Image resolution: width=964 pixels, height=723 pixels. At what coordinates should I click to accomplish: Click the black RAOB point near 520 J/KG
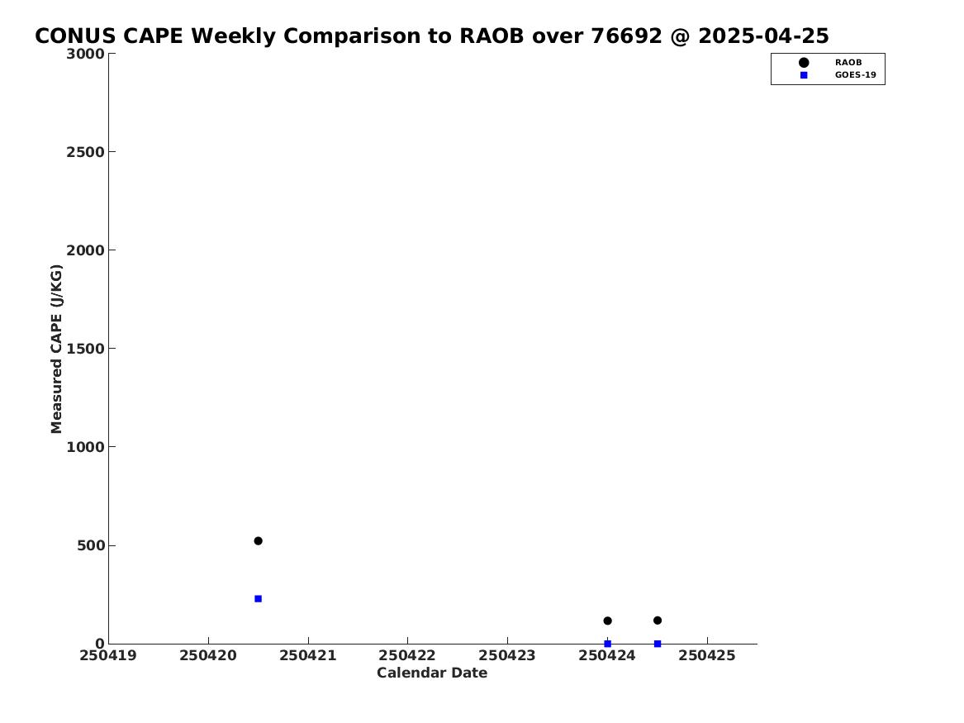click(x=259, y=541)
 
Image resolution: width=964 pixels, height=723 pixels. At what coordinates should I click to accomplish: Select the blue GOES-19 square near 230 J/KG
click(x=259, y=599)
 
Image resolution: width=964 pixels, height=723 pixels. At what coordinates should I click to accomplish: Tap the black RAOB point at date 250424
click(x=607, y=621)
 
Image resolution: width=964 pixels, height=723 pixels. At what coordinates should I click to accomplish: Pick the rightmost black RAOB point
click(x=658, y=621)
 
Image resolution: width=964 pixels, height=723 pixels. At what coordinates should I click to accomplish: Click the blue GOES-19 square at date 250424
click(x=607, y=644)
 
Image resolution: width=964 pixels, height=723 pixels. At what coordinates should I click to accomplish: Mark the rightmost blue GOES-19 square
click(x=658, y=644)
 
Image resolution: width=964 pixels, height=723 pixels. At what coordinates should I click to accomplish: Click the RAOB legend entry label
click(x=848, y=63)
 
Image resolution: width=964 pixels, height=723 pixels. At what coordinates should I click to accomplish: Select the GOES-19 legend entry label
click(x=855, y=75)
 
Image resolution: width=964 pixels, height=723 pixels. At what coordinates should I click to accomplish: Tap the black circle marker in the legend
click(x=804, y=63)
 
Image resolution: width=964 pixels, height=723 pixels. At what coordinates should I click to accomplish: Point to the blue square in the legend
click(x=804, y=75)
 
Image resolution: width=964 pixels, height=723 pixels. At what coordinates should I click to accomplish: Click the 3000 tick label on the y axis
click(x=85, y=54)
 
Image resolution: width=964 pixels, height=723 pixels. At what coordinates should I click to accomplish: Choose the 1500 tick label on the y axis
click(x=85, y=349)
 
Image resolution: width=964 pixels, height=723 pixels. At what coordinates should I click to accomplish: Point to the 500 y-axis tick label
click(x=91, y=545)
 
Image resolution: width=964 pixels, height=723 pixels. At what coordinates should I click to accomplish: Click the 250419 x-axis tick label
click(x=108, y=655)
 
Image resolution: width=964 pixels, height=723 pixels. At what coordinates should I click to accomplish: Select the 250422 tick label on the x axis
click(x=407, y=655)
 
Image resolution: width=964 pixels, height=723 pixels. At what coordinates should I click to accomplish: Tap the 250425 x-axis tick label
click(x=707, y=655)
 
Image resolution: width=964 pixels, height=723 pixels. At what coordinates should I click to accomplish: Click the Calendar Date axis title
click(x=432, y=673)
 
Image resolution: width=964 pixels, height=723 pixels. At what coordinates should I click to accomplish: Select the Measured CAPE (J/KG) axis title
click(x=56, y=349)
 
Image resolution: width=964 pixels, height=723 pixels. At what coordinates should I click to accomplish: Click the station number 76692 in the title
click(x=626, y=36)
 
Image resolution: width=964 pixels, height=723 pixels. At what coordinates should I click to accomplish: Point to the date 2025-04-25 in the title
click(x=763, y=36)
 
